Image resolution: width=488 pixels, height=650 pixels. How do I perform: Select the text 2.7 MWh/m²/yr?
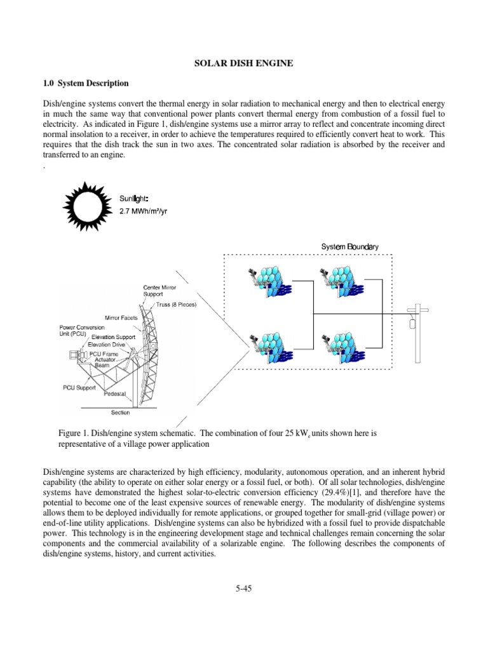coord(143,211)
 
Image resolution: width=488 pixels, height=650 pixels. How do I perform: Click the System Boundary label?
coord(349,246)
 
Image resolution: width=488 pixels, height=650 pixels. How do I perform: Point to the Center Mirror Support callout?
coord(159,291)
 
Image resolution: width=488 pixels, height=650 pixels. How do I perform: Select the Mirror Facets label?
coord(121,317)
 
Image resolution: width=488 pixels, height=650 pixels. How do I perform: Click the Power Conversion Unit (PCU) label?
coord(83,330)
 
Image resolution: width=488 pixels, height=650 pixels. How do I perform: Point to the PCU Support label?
coord(79,386)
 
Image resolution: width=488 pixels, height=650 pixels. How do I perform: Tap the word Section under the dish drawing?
coord(120,413)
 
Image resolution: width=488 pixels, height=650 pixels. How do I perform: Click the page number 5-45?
coord(243,588)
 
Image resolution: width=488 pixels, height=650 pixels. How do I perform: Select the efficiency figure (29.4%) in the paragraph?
coord(336,492)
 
